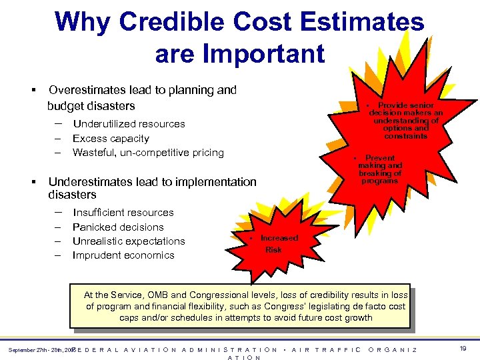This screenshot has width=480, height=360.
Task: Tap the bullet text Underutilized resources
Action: pyautogui.click(x=129, y=123)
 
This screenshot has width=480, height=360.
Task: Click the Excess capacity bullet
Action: pyautogui.click(x=111, y=138)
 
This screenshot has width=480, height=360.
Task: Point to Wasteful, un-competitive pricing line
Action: pyautogui.click(x=148, y=152)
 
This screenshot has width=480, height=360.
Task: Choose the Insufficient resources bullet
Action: pyautogui.click(x=123, y=212)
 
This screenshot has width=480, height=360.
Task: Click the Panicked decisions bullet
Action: pyautogui.click(x=118, y=227)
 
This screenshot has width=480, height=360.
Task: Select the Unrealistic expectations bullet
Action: pyautogui.click(x=129, y=241)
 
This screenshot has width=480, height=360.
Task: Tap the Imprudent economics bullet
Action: pyautogui.click(x=123, y=255)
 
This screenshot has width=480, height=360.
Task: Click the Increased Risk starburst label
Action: pyautogui.click(x=277, y=244)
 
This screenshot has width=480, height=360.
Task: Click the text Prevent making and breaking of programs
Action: pyautogui.click(x=380, y=169)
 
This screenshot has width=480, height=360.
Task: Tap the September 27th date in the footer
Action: pyautogui.click(x=30, y=349)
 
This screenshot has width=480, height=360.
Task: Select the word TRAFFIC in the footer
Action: pyautogui.click(x=337, y=349)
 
